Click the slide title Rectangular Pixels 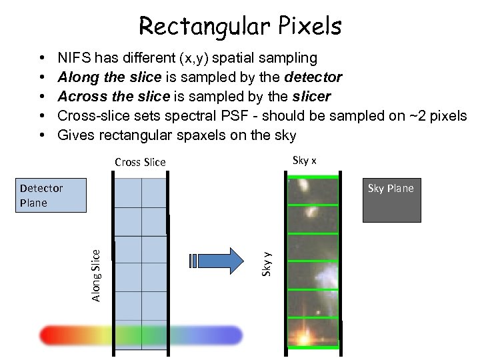click(x=240, y=26)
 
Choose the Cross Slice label click(x=140, y=162)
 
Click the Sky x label click(x=305, y=160)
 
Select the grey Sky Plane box click(x=391, y=200)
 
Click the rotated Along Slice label click(x=96, y=275)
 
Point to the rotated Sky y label click(x=266, y=263)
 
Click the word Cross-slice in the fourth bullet click(x=90, y=116)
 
